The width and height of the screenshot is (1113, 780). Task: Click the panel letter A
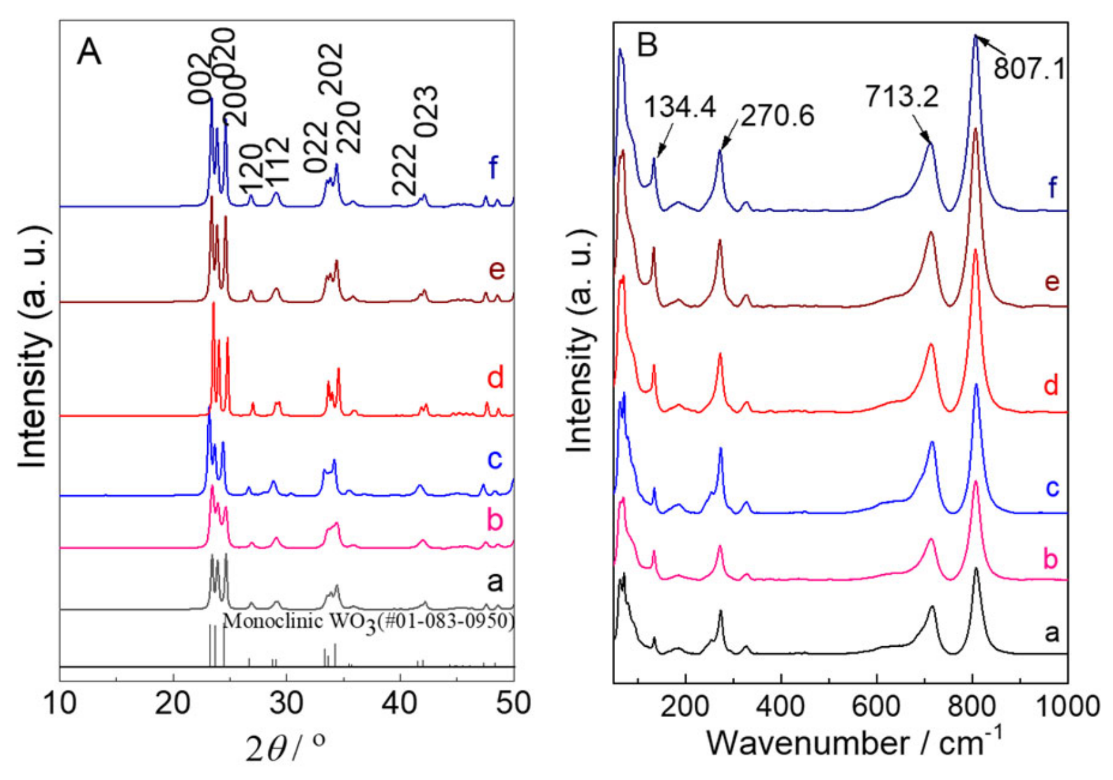pos(89,52)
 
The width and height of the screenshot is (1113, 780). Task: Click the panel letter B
pos(647,46)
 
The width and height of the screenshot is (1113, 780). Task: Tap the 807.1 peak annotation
pos(1029,68)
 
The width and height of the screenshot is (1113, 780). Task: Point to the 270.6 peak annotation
pos(777,116)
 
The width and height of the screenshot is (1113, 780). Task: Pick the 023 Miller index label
pos(426,112)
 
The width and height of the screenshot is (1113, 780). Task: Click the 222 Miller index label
pos(404,170)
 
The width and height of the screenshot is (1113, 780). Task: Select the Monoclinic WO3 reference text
pos(368,621)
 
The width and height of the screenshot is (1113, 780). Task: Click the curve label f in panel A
pos(493,168)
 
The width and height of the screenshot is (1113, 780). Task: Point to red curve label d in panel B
pos(1051,385)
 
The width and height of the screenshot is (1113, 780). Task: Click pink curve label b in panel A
pos(495,520)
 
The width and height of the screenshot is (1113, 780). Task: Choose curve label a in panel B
pos(1052,632)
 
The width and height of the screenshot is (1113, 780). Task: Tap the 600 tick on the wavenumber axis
pos(877,706)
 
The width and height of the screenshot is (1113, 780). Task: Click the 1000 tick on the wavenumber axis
pos(1068,706)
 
